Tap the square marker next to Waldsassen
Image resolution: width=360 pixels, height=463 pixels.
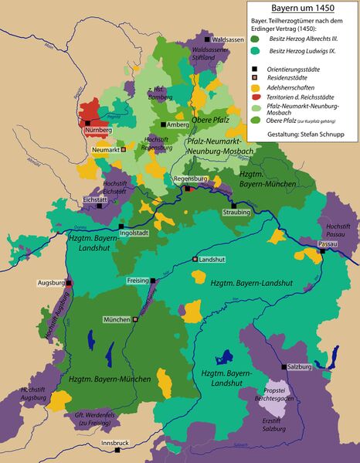click(x=206, y=38)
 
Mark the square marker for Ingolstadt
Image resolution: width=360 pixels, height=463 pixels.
click(x=121, y=226)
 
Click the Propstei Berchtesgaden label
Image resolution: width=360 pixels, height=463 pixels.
click(x=281, y=393)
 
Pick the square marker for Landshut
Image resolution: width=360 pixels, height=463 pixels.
click(x=195, y=260)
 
